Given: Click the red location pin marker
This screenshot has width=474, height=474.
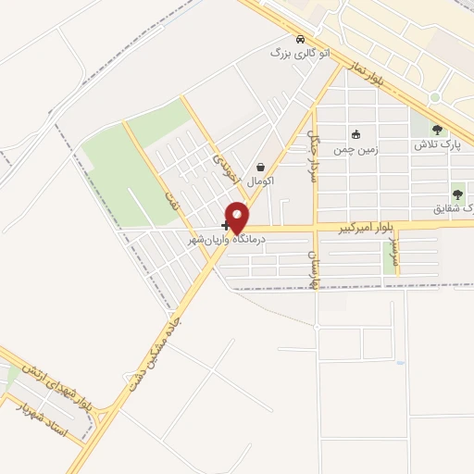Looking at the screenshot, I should coord(238,216).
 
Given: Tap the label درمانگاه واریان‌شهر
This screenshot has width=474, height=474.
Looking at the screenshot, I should coord(227,239).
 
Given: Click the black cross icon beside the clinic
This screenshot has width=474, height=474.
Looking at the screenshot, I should coord(225,225).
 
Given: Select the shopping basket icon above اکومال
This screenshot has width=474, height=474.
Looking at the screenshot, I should coord(261,167).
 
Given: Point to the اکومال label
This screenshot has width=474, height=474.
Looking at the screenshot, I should coord(261,181).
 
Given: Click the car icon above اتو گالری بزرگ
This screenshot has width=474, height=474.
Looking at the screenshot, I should coord(299,40).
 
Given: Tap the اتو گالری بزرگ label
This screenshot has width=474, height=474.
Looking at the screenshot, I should coord(299,54).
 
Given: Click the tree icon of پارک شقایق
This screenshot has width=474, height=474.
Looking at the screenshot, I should coord(456,194).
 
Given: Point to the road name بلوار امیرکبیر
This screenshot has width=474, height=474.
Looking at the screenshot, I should coord(368,226).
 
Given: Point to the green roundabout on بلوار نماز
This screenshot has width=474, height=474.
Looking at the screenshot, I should coord(434,97).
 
